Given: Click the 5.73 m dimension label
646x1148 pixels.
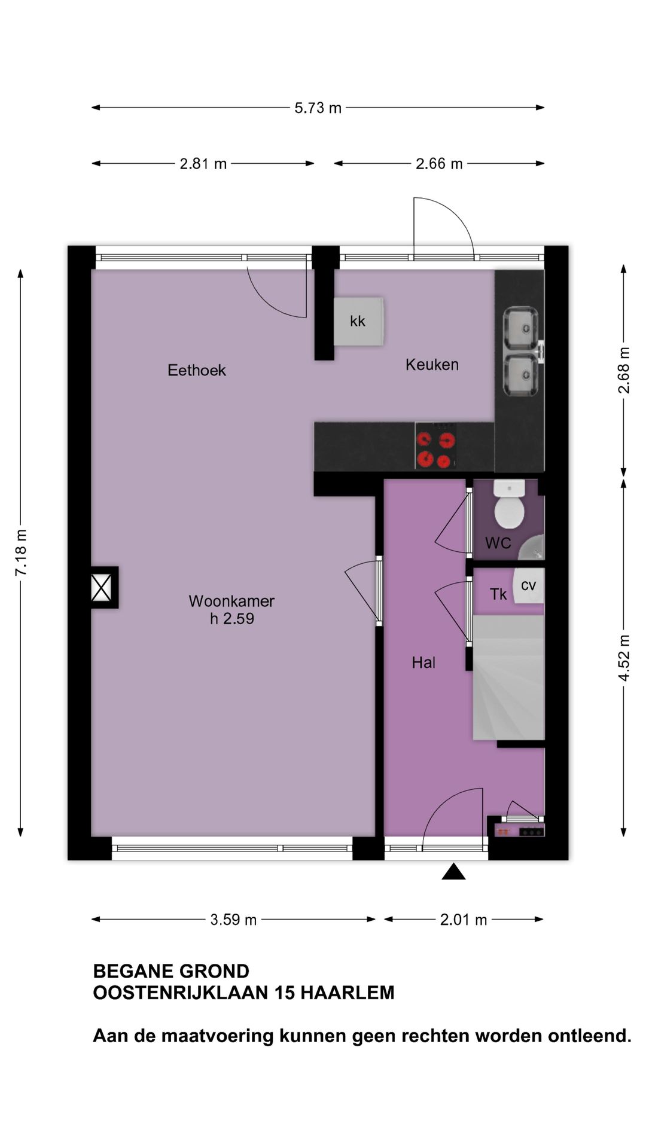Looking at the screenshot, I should coord(318,108).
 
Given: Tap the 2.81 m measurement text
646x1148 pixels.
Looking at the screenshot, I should coord(203,163).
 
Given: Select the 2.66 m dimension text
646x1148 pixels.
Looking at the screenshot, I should coord(439,163).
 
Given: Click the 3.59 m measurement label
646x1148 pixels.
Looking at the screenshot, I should coord(233,919).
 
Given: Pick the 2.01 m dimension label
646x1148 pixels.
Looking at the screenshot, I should coord(464,919).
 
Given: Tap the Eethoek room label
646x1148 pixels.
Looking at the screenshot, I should coord(197,370).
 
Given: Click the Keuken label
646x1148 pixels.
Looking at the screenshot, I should coord(432,364).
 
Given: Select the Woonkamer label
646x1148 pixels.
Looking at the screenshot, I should coord(231,601).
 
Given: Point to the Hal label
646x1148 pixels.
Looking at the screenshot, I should coord(423,662).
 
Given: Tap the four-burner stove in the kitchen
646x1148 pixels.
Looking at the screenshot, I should coord(435,446).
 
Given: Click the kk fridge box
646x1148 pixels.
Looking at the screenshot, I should coord(358,322).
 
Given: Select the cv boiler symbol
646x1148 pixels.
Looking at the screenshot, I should coord(528,586).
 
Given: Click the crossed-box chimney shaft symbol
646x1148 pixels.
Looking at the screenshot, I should coord(101,587).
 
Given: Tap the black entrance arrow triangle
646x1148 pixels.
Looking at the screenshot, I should coord(453,872).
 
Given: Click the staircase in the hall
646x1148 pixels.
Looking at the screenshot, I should coord(508,679).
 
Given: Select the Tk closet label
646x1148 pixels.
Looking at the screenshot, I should coord(498,594).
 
